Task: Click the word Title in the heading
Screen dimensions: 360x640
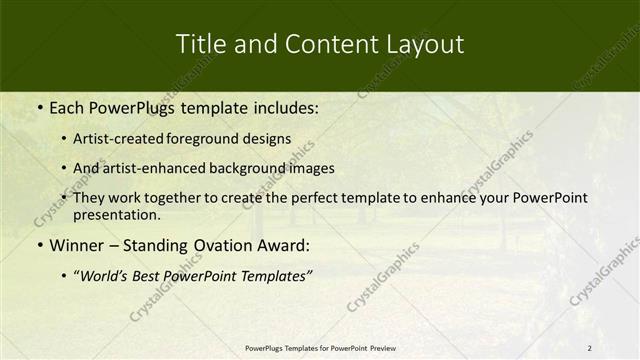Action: click(199, 44)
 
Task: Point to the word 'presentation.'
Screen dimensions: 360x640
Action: click(116, 214)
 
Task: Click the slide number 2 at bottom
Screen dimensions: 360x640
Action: click(589, 348)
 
